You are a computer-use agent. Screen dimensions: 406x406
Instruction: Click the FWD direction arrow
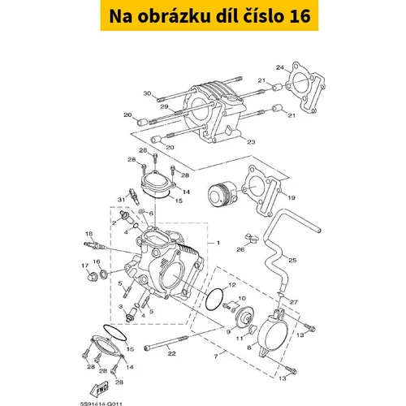pyautogui.click(x=100, y=389)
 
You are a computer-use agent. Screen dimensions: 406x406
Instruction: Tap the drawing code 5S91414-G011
pyautogui.click(x=101, y=404)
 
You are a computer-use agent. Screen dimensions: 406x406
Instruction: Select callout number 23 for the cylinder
pyautogui.click(x=251, y=142)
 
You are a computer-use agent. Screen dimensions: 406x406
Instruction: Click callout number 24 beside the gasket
pyautogui.click(x=280, y=67)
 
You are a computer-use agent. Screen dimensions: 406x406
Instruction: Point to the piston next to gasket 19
pyautogui.click(x=222, y=193)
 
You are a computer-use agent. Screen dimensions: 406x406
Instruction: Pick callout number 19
pyautogui.click(x=292, y=197)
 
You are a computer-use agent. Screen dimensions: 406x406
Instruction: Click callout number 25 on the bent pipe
pyautogui.click(x=292, y=260)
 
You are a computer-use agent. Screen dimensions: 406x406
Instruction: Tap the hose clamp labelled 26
pyautogui.click(x=252, y=239)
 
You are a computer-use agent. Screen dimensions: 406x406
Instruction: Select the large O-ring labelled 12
pyautogui.click(x=214, y=299)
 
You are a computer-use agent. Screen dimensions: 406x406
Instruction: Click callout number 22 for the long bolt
pyautogui.click(x=171, y=353)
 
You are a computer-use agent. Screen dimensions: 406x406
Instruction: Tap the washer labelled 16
pyautogui.click(x=103, y=274)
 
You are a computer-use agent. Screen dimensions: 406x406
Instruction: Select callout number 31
pyautogui.click(x=121, y=200)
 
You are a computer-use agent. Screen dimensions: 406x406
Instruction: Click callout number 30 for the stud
pyautogui.click(x=147, y=93)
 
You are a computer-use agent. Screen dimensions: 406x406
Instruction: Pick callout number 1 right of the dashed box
pyautogui.click(x=218, y=243)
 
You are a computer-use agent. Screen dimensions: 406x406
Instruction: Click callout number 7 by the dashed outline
pyautogui.click(x=216, y=356)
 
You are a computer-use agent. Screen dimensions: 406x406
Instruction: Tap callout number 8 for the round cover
pyautogui.click(x=249, y=348)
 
